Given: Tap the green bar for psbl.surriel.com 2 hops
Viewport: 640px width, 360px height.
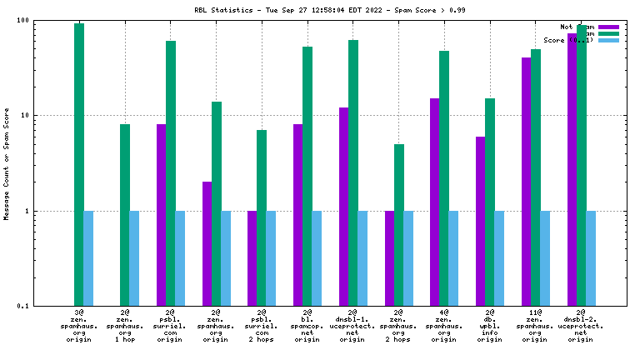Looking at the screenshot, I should coord(262,217).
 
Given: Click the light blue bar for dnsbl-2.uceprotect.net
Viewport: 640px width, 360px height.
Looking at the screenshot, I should coord(591,258).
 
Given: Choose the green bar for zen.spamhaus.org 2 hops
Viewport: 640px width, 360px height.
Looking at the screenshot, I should coord(399,225).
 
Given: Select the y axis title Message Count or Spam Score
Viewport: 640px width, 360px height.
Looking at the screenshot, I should coord(7,163).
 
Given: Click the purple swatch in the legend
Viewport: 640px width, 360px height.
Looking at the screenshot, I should coord(608,27).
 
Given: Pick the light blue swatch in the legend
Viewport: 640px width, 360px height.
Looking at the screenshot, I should coord(608,40).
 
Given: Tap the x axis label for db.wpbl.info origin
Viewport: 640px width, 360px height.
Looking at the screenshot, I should coord(490,326).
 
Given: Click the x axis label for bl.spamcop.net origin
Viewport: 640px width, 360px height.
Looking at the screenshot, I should coord(307,326).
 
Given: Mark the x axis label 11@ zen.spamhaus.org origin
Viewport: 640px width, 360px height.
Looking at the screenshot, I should coord(536,326).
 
